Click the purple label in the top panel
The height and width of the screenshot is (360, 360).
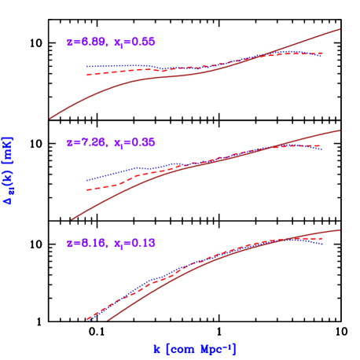pos(110,42)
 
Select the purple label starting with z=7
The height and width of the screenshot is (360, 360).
pos(110,143)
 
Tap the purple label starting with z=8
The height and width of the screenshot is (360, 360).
pos(110,244)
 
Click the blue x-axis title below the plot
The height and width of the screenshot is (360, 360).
pos(195,348)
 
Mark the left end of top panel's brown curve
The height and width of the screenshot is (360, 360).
pos(50,119)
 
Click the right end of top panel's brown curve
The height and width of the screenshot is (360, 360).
pos(340,29)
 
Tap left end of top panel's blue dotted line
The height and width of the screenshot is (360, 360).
pos(86,68)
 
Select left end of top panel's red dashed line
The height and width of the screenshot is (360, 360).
pos(86,75)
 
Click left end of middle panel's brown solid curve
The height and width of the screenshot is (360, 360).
pos(72,219)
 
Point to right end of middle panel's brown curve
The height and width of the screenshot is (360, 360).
pos(340,130)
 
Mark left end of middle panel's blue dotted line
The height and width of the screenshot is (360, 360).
pos(86,181)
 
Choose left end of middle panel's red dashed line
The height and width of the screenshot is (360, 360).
pos(86,191)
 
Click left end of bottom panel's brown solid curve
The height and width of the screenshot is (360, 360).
pos(107,321)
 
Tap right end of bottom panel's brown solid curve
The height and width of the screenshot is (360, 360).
pos(340,230)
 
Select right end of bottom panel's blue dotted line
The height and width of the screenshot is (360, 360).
pos(322,244)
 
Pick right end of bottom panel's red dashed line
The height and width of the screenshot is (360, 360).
pos(322,238)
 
